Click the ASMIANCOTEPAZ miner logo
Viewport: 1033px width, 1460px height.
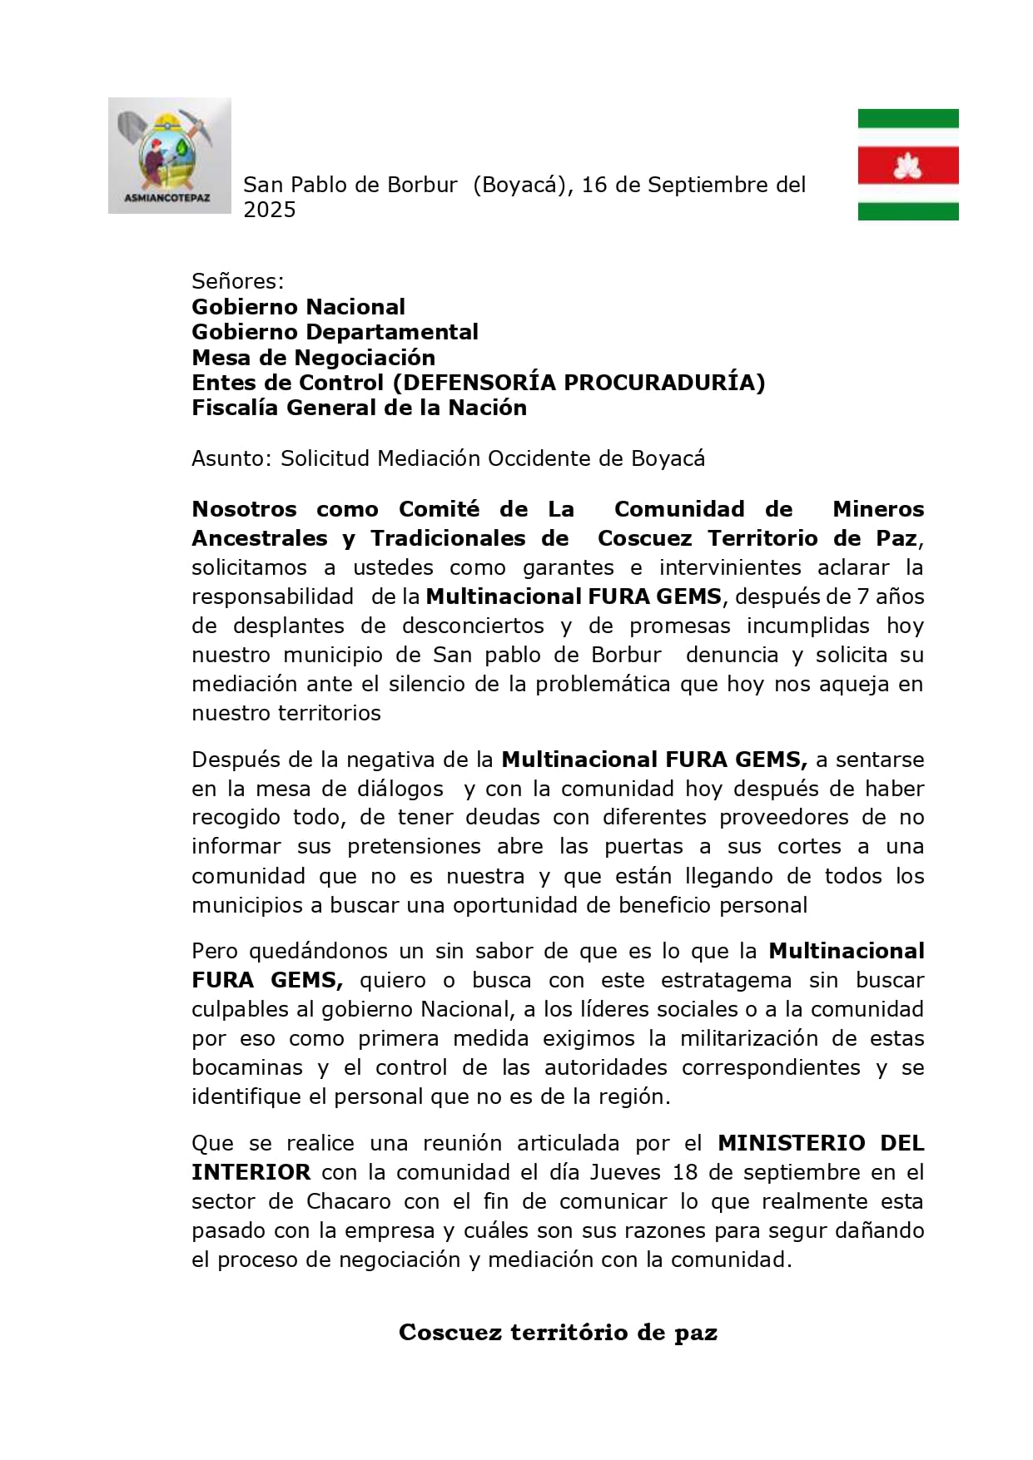coord(169,156)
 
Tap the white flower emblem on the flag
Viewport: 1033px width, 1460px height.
coord(907,166)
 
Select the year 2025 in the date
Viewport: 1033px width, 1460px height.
coord(269,210)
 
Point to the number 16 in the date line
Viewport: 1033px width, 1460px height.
coord(594,185)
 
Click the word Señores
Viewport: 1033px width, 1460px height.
coord(237,281)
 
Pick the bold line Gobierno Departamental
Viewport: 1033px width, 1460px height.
coord(335,332)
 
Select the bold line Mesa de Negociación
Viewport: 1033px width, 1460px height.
coord(313,358)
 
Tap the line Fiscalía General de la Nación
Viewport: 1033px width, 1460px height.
coord(359,408)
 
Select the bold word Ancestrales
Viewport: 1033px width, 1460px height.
coord(259,538)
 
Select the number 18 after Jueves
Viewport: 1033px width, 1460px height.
coord(684,1172)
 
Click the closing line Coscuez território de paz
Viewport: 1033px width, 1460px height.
coord(558,1332)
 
